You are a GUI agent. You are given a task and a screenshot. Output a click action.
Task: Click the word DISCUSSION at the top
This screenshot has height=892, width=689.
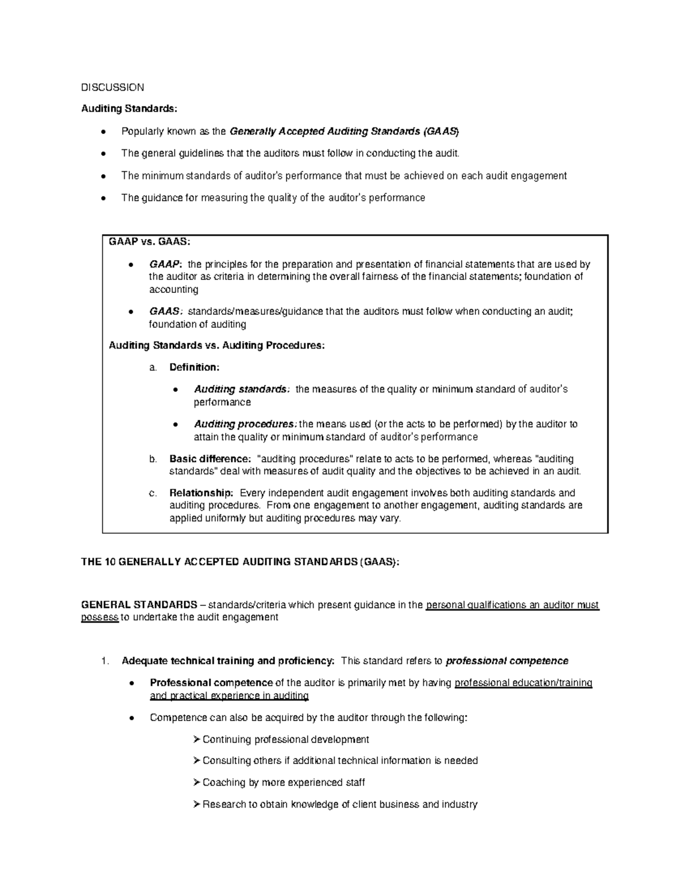pyautogui.click(x=113, y=87)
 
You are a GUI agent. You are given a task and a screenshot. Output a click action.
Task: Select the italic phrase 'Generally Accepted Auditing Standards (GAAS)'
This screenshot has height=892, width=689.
pyautogui.click(x=344, y=132)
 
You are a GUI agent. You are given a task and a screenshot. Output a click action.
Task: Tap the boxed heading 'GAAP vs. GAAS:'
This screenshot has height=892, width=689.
pyautogui.click(x=149, y=242)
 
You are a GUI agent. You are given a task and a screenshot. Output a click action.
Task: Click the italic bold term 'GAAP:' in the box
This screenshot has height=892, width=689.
pyautogui.click(x=165, y=265)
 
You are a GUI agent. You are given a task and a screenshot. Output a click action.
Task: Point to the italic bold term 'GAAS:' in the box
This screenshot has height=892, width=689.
pyautogui.click(x=165, y=311)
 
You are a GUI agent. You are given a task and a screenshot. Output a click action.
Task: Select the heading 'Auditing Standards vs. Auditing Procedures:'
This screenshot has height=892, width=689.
pyautogui.click(x=216, y=345)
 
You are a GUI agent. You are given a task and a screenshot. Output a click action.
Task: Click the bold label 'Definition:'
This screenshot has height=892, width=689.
pyautogui.click(x=194, y=367)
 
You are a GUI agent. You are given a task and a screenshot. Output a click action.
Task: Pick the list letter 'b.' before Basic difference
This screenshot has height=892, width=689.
pyautogui.click(x=153, y=459)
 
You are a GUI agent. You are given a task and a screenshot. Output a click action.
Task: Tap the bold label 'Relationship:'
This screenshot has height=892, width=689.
pyautogui.click(x=201, y=493)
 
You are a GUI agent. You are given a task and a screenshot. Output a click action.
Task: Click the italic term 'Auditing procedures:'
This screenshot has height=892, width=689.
pyautogui.click(x=246, y=424)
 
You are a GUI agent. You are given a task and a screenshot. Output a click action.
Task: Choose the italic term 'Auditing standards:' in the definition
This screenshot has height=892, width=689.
pyautogui.click(x=242, y=389)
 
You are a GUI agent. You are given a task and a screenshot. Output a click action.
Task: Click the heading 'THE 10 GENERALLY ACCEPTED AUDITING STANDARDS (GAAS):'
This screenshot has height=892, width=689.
pyautogui.click(x=239, y=562)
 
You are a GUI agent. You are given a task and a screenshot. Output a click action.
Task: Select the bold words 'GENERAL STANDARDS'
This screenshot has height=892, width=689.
pyautogui.click(x=139, y=605)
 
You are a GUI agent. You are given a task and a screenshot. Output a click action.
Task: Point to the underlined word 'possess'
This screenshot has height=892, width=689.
pyautogui.click(x=100, y=617)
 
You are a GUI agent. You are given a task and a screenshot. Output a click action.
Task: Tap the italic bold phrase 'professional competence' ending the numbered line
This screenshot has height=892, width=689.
pyautogui.click(x=507, y=661)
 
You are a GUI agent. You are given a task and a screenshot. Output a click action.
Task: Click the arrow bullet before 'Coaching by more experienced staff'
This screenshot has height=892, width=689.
pyautogui.click(x=197, y=782)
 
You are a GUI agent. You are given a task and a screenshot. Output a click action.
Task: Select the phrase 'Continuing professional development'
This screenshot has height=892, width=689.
pyautogui.click(x=285, y=739)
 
